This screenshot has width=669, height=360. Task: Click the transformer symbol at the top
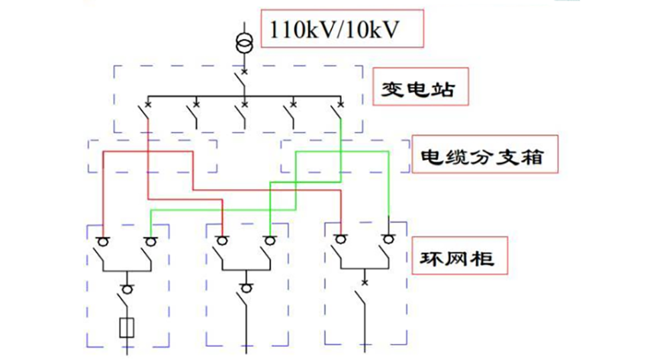click(244, 43)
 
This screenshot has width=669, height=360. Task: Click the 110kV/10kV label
click(342, 28)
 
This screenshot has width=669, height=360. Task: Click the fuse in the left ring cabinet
click(127, 327)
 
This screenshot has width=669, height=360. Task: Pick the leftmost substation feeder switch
click(146, 114)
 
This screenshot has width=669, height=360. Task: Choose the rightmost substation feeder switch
click(339, 114)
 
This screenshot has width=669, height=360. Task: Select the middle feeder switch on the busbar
click(243, 114)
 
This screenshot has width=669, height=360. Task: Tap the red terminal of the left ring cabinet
click(103, 240)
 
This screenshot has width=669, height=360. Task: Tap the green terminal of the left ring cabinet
click(151, 240)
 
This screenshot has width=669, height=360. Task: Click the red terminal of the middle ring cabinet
click(222, 240)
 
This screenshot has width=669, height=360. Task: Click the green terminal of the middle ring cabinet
click(269, 240)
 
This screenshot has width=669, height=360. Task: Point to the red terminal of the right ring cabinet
click(341, 239)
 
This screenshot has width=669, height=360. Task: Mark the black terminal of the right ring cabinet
click(389, 239)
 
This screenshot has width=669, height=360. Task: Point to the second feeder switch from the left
click(195, 114)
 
